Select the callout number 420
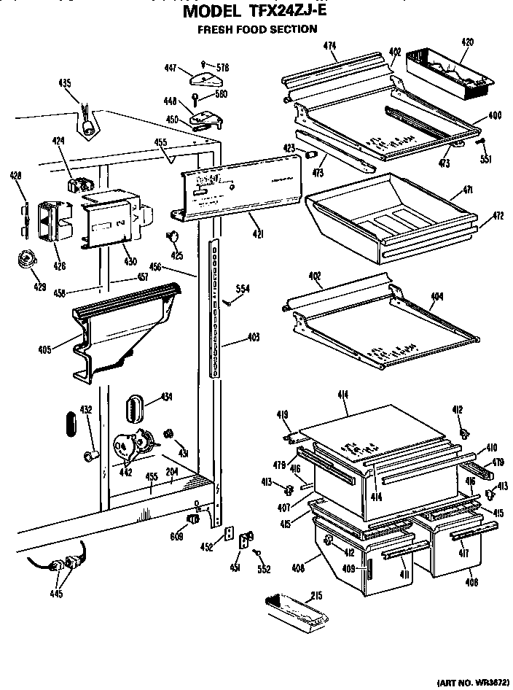tap(467, 42)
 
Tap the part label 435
tap(65, 82)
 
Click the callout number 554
tap(243, 290)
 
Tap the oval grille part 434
tap(135, 407)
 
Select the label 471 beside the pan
tap(466, 190)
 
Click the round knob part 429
tap(28, 258)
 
